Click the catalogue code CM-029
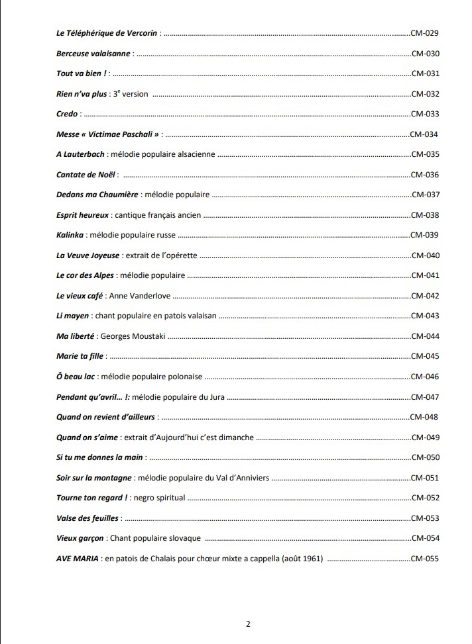point(425,33)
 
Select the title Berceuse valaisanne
point(93,54)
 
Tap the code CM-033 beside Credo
point(425,114)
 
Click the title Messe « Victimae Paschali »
point(108,134)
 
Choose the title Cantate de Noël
point(86,175)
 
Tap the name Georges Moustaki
point(131,336)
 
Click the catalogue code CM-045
point(425,356)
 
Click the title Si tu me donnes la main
point(99,457)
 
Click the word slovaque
point(183,538)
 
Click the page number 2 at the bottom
point(248,623)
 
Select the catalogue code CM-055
point(425,559)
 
